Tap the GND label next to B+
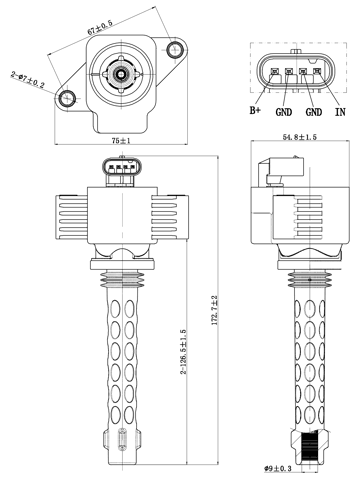284,113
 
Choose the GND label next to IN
313,113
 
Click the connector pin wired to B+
272,71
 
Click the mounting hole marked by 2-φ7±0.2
68,98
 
